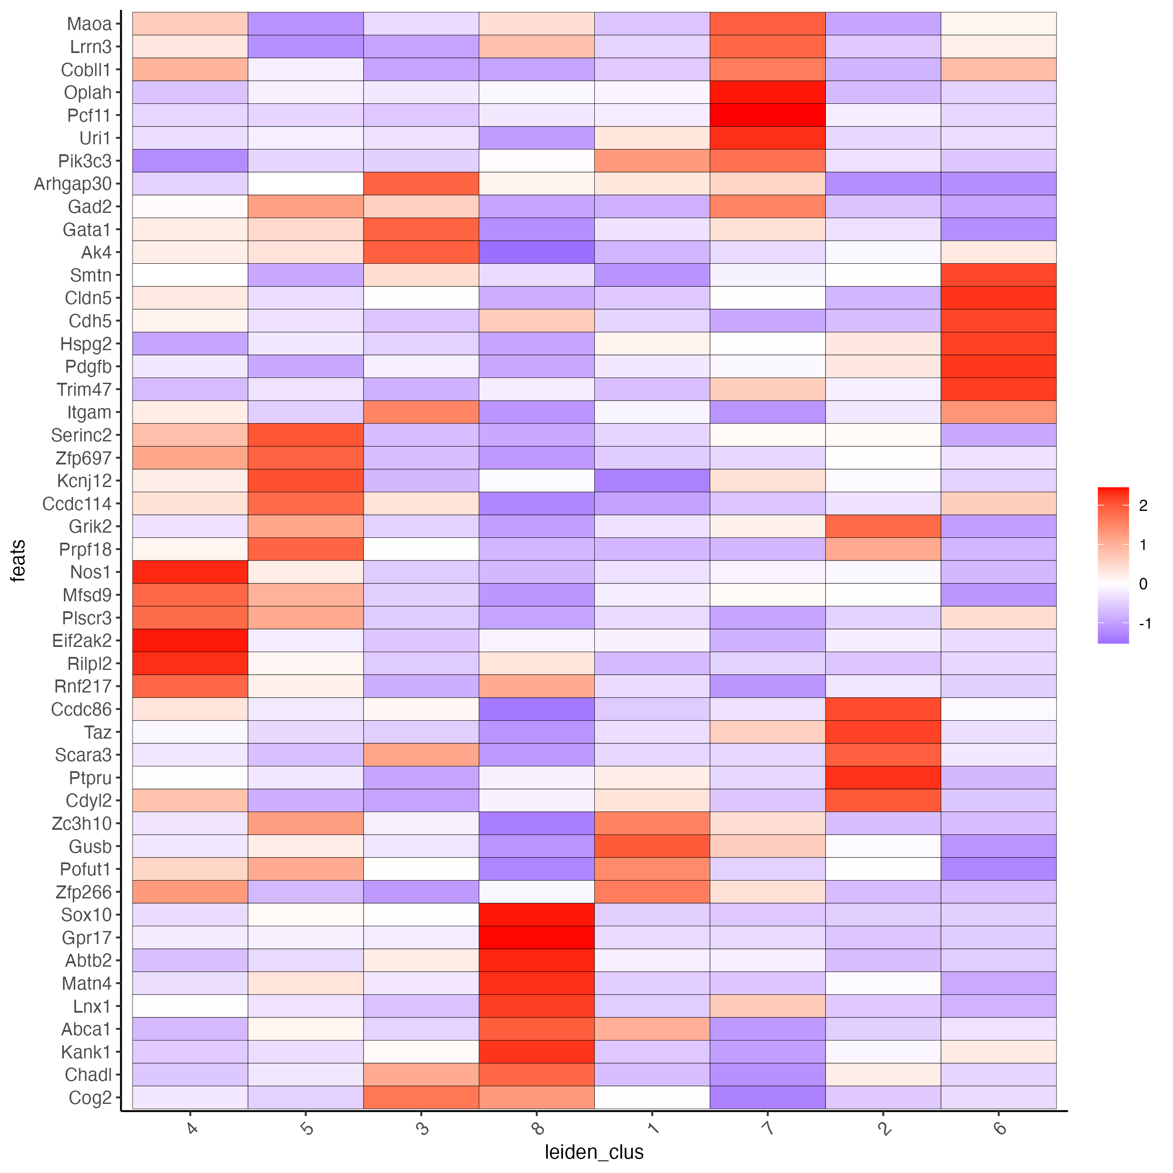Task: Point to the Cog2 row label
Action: (x=90, y=1098)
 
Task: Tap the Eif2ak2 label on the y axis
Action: (x=82, y=640)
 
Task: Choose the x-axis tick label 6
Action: (x=999, y=1129)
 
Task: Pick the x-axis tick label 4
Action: (x=191, y=1129)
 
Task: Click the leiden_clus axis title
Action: (x=594, y=1152)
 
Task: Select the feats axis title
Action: (x=18, y=560)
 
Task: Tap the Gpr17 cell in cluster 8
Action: (x=537, y=938)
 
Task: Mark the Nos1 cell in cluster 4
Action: (x=190, y=572)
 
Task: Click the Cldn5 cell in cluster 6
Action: (x=999, y=298)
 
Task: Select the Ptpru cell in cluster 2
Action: (x=883, y=778)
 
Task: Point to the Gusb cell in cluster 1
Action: (x=652, y=846)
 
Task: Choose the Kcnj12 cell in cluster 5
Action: (x=305, y=481)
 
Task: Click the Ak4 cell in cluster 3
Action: (x=421, y=252)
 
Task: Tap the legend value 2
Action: (x=1143, y=506)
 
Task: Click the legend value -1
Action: (x=1144, y=623)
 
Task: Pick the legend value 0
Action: (x=1143, y=584)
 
